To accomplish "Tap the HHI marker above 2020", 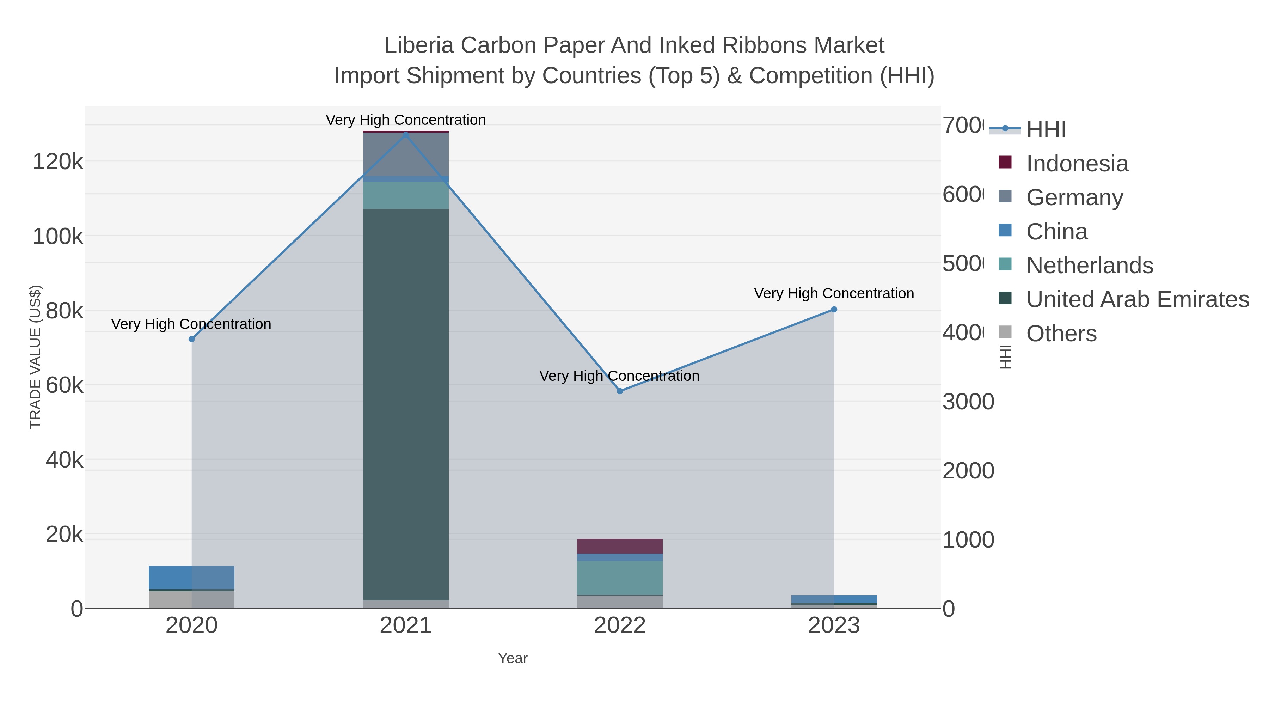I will tap(192, 339).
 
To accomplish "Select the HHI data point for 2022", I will tap(620, 391).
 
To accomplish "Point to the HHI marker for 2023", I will tap(834, 310).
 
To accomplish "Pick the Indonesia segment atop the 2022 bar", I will tap(620, 546).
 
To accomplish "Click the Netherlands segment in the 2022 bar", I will tap(620, 578).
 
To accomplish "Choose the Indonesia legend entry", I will tap(1077, 164).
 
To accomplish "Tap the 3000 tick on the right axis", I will tap(968, 402).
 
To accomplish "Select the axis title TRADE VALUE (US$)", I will tap(36, 357).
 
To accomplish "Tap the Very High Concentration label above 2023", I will tap(834, 293).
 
